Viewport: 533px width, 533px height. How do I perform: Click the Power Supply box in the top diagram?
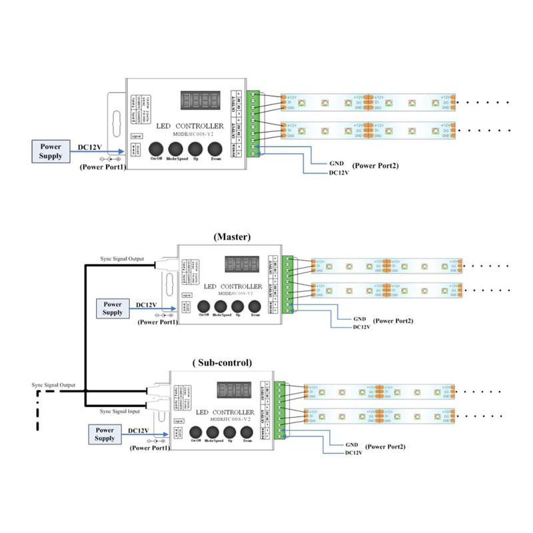click(51, 151)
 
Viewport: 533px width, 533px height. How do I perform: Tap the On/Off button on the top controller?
click(157, 148)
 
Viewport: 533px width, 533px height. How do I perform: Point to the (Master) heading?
click(233, 237)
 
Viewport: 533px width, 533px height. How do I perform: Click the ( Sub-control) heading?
click(223, 363)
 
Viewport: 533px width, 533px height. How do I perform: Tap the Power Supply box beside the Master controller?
click(113, 308)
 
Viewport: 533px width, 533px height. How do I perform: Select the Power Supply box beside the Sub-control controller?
click(105, 434)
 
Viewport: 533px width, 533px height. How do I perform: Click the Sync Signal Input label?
click(121, 412)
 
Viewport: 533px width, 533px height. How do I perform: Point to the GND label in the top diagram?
click(336, 163)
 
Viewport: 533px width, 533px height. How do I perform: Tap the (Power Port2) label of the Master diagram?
click(393, 321)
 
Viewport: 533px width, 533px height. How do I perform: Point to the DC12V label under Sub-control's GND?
click(353, 453)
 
